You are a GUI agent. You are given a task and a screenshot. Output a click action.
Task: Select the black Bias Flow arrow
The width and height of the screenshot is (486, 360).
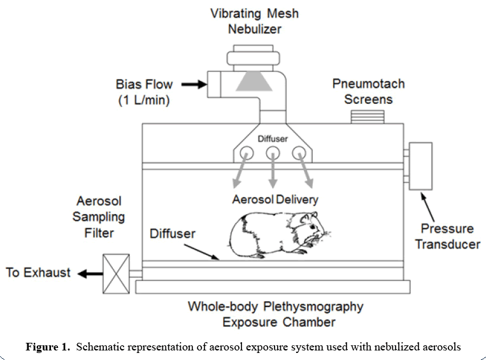click(x=189, y=83)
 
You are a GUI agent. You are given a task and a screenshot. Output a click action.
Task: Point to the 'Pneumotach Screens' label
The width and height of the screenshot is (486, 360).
click(x=368, y=91)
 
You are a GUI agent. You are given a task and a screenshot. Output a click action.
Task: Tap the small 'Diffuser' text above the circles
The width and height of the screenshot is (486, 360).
click(x=273, y=137)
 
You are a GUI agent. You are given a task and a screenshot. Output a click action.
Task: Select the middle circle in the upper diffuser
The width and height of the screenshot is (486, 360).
click(x=273, y=153)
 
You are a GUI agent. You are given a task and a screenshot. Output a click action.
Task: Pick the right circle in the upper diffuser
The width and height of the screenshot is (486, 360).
click(x=298, y=153)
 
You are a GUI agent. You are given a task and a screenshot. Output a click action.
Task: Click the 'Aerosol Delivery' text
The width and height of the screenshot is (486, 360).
click(x=275, y=199)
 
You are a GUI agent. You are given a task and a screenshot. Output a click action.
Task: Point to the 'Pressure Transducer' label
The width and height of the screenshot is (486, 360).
click(x=447, y=236)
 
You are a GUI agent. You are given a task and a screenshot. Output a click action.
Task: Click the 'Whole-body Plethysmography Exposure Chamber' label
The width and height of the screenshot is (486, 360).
click(x=275, y=314)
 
